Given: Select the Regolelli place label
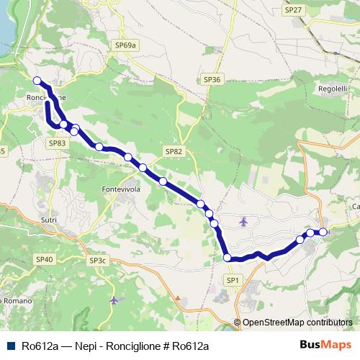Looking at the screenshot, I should [332, 89].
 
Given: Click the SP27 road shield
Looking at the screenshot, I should [293, 10].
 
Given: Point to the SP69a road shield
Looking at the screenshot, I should [125, 45].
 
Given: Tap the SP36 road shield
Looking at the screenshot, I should [212, 79].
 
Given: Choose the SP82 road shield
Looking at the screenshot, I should [174, 152].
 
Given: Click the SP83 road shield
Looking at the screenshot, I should [58, 143].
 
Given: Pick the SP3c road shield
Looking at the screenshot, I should [97, 260].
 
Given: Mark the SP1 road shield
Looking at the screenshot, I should [232, 279].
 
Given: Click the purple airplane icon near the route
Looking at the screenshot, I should [243, 221].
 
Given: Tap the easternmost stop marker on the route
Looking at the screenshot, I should [323, 232].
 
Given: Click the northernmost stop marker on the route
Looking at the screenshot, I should [37, 81].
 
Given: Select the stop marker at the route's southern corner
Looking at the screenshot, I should [228, 258].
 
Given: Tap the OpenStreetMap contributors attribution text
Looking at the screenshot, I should [297, 323].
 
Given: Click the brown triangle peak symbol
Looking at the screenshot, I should [177, 297].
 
